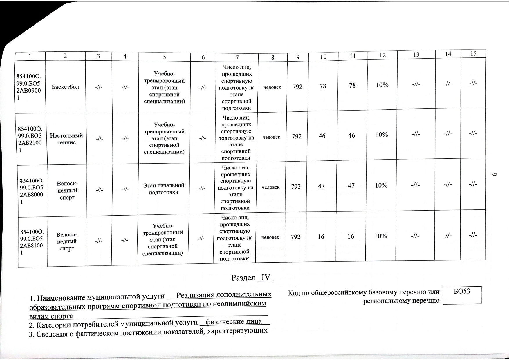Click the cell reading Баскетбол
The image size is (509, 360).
pyautogui.click(x=65, y=87)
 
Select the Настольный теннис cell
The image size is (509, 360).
pyautogui.click(x=66, y=139)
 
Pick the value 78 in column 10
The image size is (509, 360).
pyautogui.click(x=323, y=86)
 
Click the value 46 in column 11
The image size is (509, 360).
pyautogui.click(x=352, y=135)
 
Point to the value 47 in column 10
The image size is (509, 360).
pyautogui.click(x=321, y=186)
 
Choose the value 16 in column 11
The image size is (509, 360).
pyautogui.click(x=351, y=236)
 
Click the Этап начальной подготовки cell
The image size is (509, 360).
pyautogui.click(x=164, y=189)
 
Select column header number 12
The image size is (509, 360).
pyautogui.click(x=382, y=55)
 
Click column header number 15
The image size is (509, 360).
pyautogui.click(x=473, y=53)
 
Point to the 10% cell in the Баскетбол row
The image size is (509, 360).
pyautogui.click(x=382, y=85)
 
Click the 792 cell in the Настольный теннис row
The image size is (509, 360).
pyautogui.click(x=297, y=136)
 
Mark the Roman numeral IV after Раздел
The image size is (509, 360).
pyautogui.click(x=266, y=278)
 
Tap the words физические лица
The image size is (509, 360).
pyautogui.click(x=234, y=322)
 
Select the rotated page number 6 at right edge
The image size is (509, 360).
pyautogui.click(x=496, y=174)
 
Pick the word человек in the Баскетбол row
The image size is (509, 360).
pyautogui.click(x=272, y=87)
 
